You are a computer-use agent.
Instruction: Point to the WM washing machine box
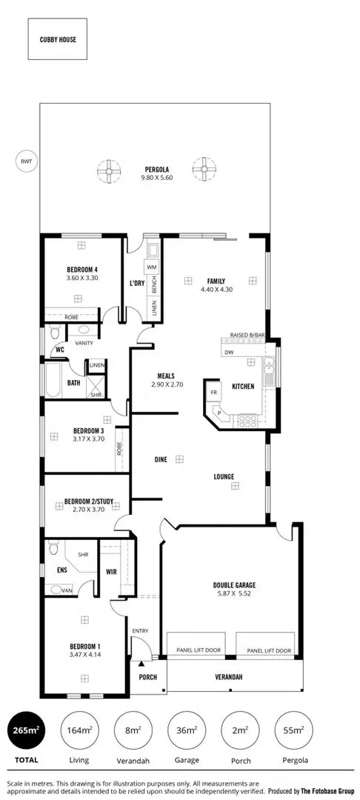pyautogui.click(x=152, y=267)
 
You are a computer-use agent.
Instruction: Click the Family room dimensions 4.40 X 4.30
pyautogui.click(x=216, y=290)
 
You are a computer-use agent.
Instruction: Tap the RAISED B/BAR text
pyautogui.click(x=247, y=336)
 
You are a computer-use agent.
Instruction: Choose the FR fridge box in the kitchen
pyautogui.click(x=213, y=391)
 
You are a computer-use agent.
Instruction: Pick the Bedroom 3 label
pyautogui.click(x=87, y=430)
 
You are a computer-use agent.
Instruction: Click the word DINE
pyautogui.click(x=160, y=460)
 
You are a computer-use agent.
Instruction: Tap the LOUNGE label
pyautogui.click(x=223, y=476)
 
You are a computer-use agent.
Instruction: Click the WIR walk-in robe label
pyautogui.click(x=112, y=571)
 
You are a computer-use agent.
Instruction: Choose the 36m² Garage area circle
pyautogui.click(x=187, y=730)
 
